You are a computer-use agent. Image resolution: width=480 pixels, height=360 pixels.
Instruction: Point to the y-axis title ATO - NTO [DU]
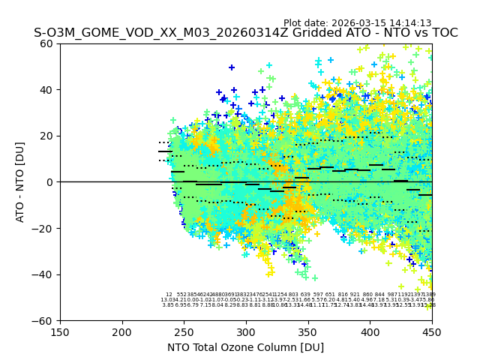click(x=21, y=182)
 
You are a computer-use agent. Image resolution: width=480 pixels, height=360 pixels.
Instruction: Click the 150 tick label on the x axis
click(x=60, y=331)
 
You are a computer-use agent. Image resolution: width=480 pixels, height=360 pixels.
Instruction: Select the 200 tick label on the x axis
click(x=122, y=331)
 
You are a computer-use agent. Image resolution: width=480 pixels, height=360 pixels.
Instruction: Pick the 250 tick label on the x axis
click(x=184, y=331)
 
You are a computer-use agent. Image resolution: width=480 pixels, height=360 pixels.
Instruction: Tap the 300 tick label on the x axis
click(x=246, y=331)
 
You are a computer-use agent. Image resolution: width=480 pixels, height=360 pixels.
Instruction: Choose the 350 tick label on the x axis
click(x=308, y=331)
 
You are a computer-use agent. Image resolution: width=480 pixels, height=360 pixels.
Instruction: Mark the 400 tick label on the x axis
click(x=370, y=331)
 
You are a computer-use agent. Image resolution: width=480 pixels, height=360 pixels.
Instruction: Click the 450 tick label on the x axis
click(x=432, y=331)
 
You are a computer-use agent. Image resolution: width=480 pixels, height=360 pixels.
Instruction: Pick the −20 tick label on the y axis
click(x=45, y=228)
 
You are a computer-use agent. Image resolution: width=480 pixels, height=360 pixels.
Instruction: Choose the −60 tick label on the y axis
click(x=45, y=320)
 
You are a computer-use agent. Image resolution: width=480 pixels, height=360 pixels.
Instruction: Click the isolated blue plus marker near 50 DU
click(x=232, y=67)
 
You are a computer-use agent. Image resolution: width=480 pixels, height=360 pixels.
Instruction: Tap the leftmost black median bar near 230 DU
click(x=166, y=151)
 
